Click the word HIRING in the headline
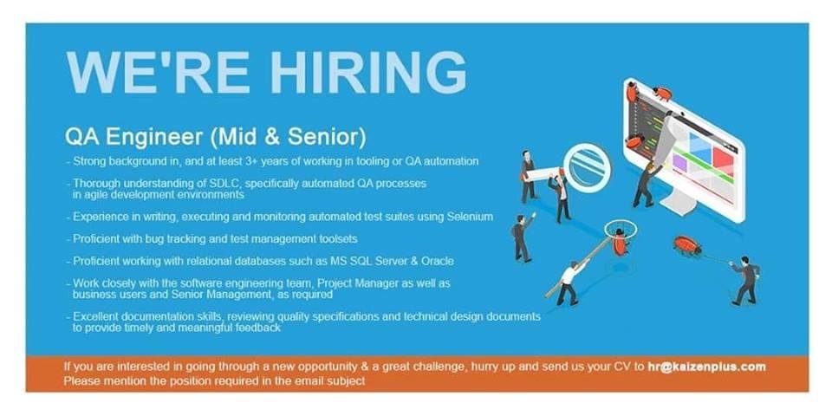tap(369, 72)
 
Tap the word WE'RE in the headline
tap(158, 72)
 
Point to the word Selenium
tap(470, 217)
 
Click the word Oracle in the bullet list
tap(439, 261)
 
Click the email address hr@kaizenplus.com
tap(707, 367)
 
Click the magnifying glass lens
tap(588, 167)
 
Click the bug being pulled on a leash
tap(687, 245)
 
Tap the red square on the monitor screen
tap(723, 160)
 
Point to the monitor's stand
tap(676, 201)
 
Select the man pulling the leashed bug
tap(746, 280)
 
